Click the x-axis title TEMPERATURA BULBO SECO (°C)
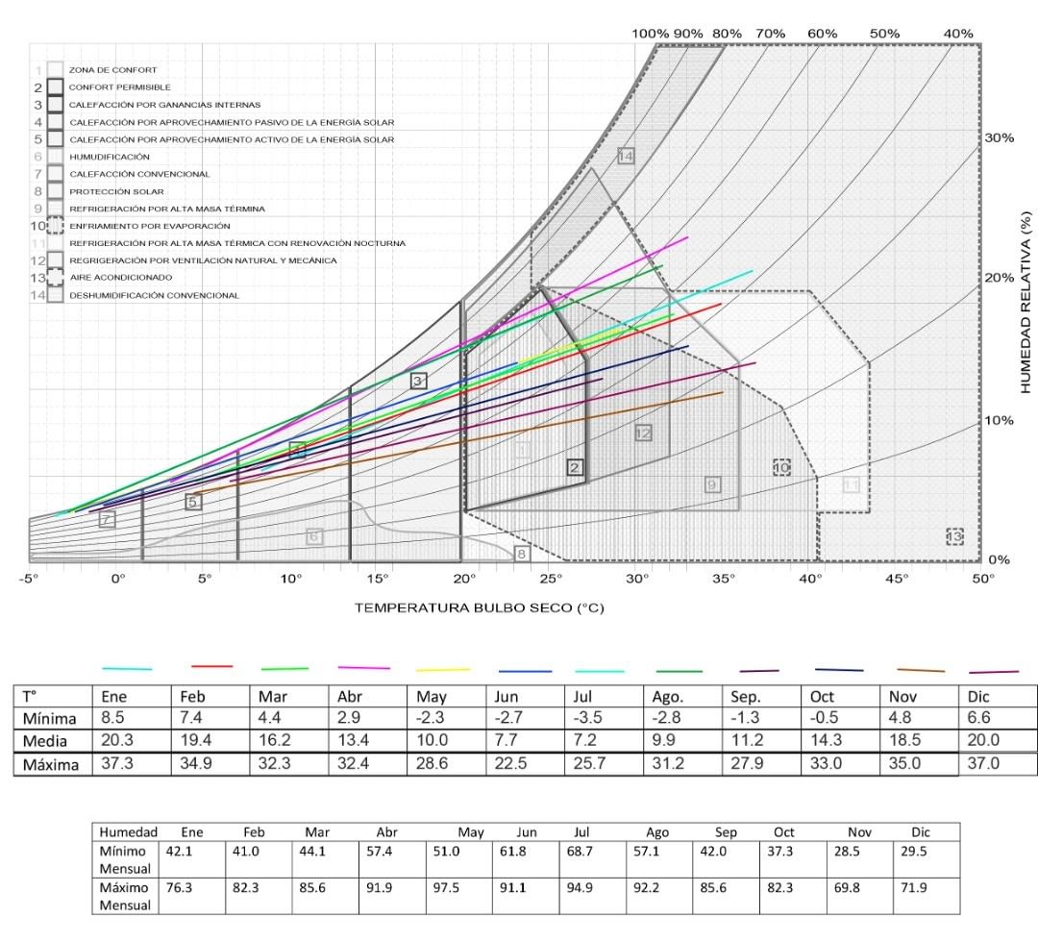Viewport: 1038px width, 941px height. point(479,607)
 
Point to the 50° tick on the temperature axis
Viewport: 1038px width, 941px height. point(983,579)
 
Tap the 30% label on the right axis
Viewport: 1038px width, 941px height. point(1000,137)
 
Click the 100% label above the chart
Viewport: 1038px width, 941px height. point(650,34)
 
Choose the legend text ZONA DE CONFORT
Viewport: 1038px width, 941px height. point(112,70)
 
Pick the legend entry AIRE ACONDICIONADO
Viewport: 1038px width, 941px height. point(120,278)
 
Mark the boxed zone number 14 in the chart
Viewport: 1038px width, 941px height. point(626,156)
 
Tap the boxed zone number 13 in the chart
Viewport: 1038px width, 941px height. point(953,536)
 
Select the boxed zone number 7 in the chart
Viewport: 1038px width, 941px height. point(107,519)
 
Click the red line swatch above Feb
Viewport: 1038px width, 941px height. point(212,665)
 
